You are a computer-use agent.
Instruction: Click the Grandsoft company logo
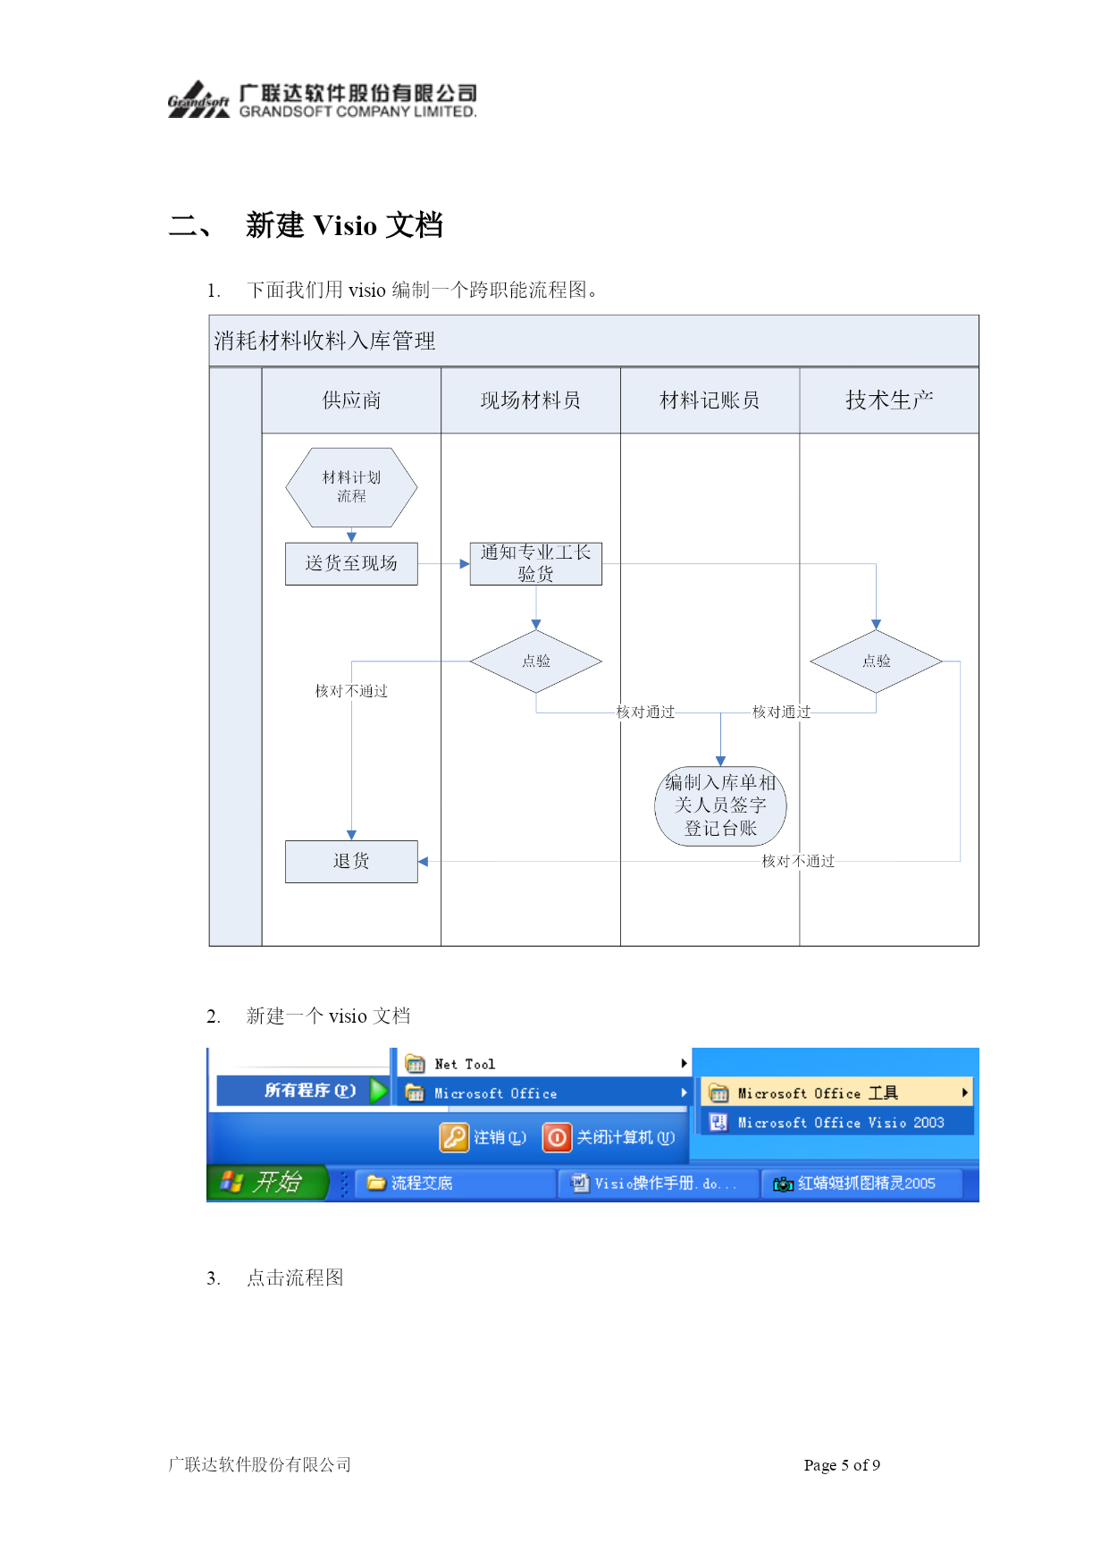coord(198,100)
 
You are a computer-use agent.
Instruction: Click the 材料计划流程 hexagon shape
coord(351,487)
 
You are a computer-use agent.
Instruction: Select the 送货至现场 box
coord(351,563)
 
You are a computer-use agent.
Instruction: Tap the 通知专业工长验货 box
coord(536,563)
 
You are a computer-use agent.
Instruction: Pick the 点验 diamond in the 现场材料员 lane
coord(536,662)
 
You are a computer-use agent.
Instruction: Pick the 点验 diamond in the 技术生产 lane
coord(876,662)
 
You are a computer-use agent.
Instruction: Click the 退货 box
coord(351,862)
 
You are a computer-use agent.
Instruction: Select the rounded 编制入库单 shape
coord(720,805)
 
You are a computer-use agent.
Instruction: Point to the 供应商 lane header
coord(351,400)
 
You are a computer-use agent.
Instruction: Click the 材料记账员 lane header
coord(710,400)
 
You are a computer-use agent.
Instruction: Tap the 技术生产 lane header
coord(889,400)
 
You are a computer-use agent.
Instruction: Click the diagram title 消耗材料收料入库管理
coord(324,341)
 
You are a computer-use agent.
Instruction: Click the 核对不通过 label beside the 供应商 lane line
coord(351,691)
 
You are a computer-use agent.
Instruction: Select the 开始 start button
coord(267,1183)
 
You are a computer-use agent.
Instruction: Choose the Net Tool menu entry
coord(465,1064)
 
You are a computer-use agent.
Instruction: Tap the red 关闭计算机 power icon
coord(557,1137)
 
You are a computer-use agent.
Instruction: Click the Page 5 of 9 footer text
coord(842,1464)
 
